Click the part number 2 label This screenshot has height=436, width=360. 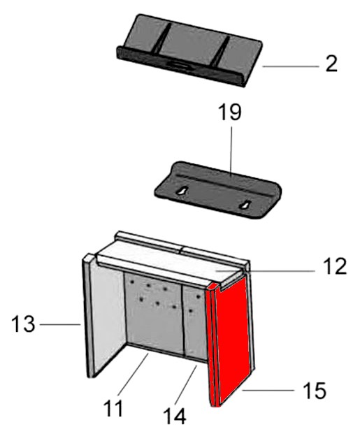coord(331,64)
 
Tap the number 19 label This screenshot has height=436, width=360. coord(230,112)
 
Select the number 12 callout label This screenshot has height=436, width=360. coord(335,266)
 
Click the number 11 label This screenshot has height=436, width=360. coord(113,408)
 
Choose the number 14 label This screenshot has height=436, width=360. coord(175,416)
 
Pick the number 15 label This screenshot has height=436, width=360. coord(315,391)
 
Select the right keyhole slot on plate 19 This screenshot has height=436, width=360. coord(245,205)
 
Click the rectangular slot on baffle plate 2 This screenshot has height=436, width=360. coord(178,65)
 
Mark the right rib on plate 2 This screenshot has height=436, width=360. coord(221,52)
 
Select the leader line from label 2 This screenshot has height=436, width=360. coord(290,66)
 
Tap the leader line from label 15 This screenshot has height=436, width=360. coord(268,391)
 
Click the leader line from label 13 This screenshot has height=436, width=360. coord(60,324)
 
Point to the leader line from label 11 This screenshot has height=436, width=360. coord(133,374)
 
